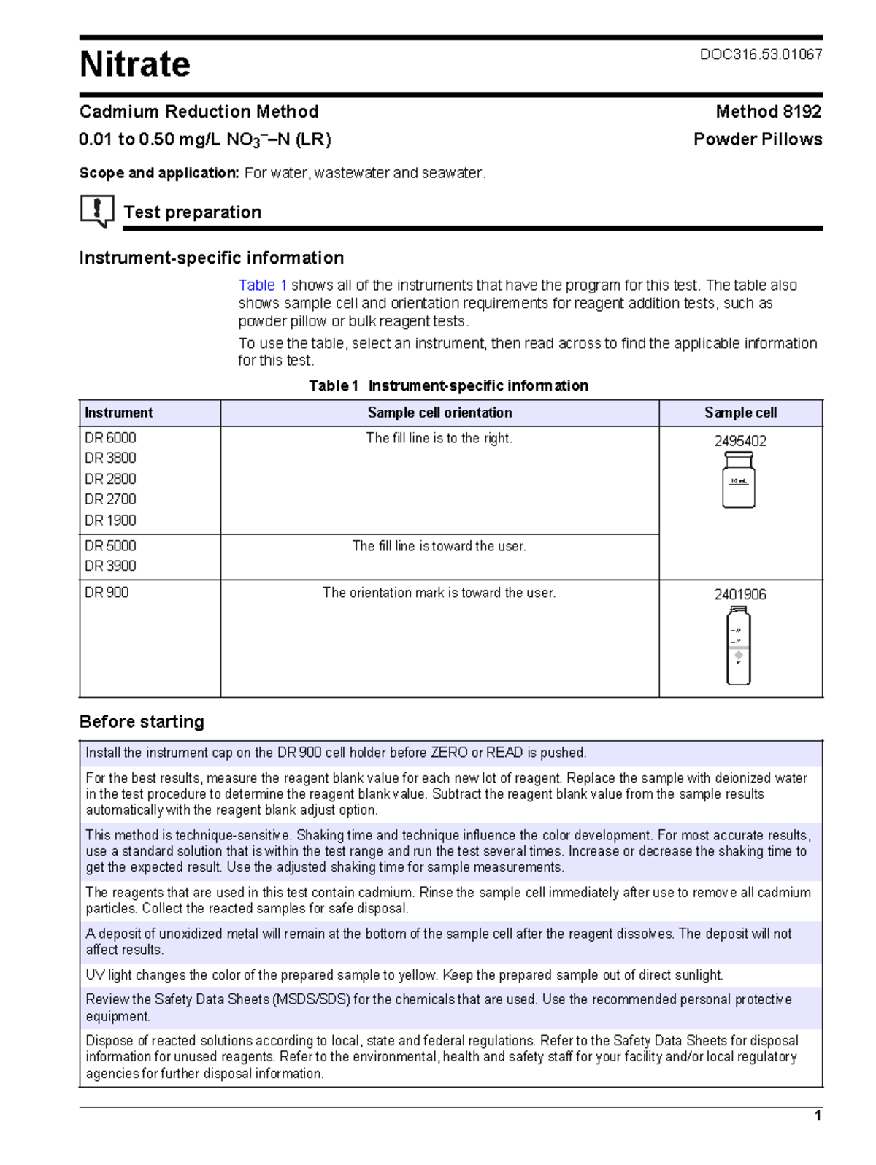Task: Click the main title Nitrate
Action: pyautogui.click(x=135, y=64)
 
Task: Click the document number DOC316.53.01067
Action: pyautogui.click(x=761, y=54)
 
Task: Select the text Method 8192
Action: pyautogui.click(x=768, y=112)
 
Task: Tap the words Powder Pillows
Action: pyautogui.click(x=757, y=139)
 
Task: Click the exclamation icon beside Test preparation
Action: pyautogui.click(x=96, y=211)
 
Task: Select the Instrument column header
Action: pyautogui.click(x=119, y=412)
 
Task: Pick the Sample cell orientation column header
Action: pyautogui.click(x=439, y=412)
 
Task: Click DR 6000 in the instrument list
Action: pyautogui.click(x=110, y=438)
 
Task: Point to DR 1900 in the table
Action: pyautogui.click(x=110, y=520)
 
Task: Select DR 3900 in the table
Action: pyautogui.click(x=110, y=566)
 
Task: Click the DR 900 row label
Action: pyautogui.click(x=107, y=593)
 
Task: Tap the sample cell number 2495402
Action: pyautogui.click(x=739, y=441)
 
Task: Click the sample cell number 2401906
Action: pyautogui.click(x=739, y=594)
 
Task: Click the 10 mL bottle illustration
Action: pyautogui.click(x=738, y=480)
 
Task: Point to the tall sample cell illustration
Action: pyautogui.click(x=738, y=646)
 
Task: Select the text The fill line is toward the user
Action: pyautogui.click(x=439, y=546)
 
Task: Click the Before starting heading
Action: pyautogui.click(x=142, y=722)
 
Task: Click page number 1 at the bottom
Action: pyautogui.click(x=818, y=1115)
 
